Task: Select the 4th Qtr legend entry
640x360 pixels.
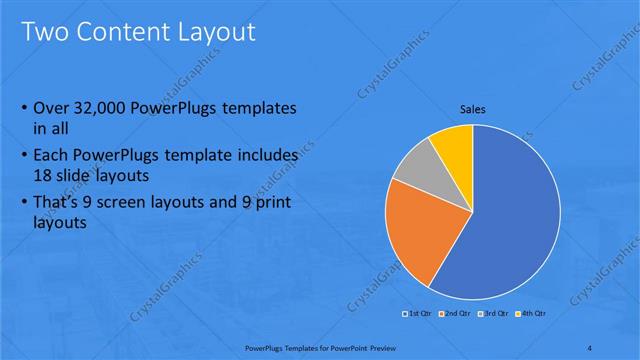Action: pos(532,314)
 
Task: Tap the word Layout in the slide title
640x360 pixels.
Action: pos(217,32)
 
